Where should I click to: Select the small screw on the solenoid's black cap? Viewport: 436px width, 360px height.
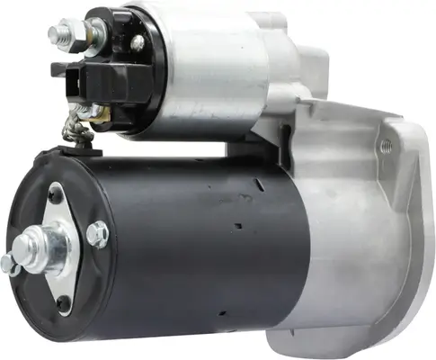137,41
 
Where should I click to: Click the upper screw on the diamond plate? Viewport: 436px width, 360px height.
55,192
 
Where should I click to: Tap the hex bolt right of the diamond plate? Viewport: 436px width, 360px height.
97,234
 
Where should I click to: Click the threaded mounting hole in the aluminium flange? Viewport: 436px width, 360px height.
387,144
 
